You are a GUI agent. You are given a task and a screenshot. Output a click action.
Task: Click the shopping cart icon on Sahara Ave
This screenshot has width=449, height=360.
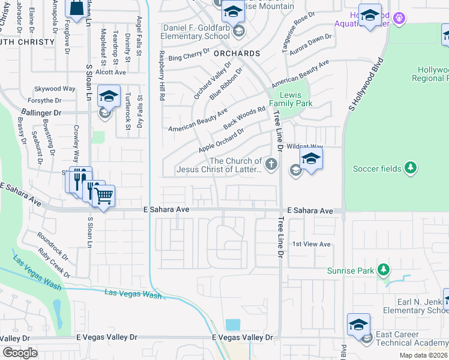click(x=104, y=195)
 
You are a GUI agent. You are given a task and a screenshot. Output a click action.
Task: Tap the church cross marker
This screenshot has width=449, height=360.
click(x=272, y=163)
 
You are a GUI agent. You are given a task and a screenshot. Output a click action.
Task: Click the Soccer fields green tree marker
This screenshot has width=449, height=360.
click(x=410, y=169)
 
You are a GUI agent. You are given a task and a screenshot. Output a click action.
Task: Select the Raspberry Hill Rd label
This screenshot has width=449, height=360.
click(x=161, y=75)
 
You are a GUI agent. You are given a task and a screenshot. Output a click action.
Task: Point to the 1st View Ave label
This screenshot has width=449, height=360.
click(x=312, y=244)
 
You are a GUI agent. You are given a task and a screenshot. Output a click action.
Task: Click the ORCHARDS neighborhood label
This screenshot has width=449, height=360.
click(x=237, y=53)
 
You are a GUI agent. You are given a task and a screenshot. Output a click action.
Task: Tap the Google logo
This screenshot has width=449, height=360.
click(x=19, y=352)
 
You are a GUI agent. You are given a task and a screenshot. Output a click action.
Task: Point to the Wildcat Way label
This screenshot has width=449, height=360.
click(x=305, y=146)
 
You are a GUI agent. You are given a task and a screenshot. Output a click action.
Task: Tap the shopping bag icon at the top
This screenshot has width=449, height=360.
click(x=77, y=8)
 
